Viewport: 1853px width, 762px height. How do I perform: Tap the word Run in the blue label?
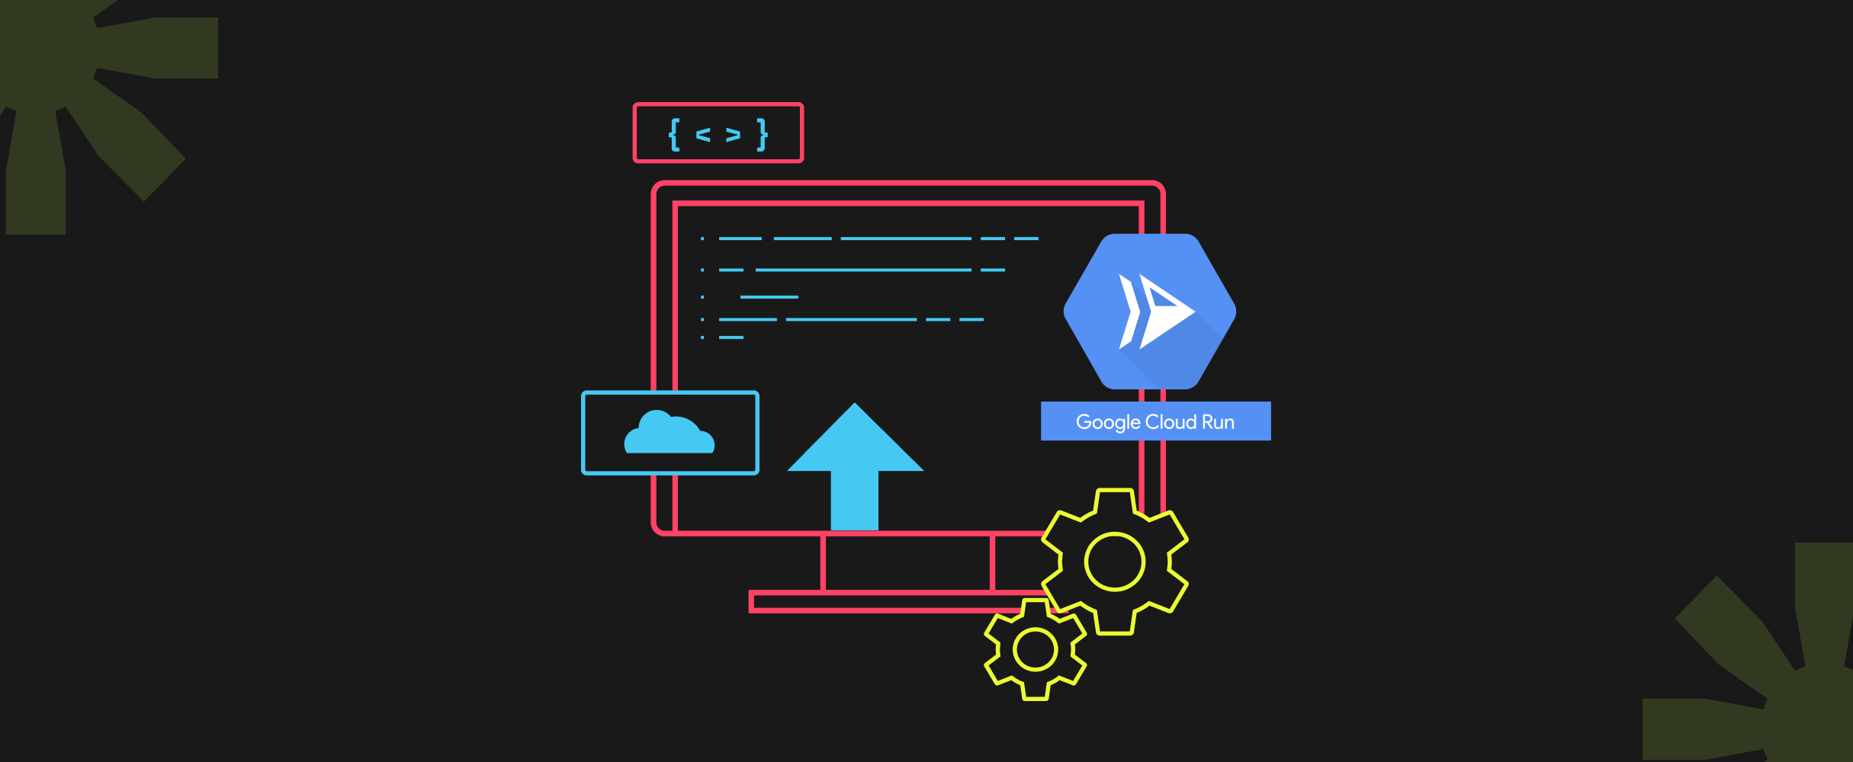(x=1218, y=422)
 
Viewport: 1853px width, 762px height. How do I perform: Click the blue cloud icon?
(x=670, y=434)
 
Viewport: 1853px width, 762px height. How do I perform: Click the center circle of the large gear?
(x=1115, y=562)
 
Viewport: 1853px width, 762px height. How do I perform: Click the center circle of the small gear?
(x=1036, y=650)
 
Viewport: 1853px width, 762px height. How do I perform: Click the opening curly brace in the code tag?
(x=674, y=135)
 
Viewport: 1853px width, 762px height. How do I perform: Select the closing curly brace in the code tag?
(x=762, y=135)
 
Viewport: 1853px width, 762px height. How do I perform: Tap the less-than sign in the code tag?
(x=703, y=135)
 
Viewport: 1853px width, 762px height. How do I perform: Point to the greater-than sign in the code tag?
(x=733, y=135)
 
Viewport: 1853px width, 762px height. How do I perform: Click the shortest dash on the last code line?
(x=731, y=337)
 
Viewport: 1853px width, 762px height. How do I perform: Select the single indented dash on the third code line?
(x=769, y=296)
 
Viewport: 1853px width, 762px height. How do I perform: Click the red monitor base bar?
(x=877, y=602)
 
